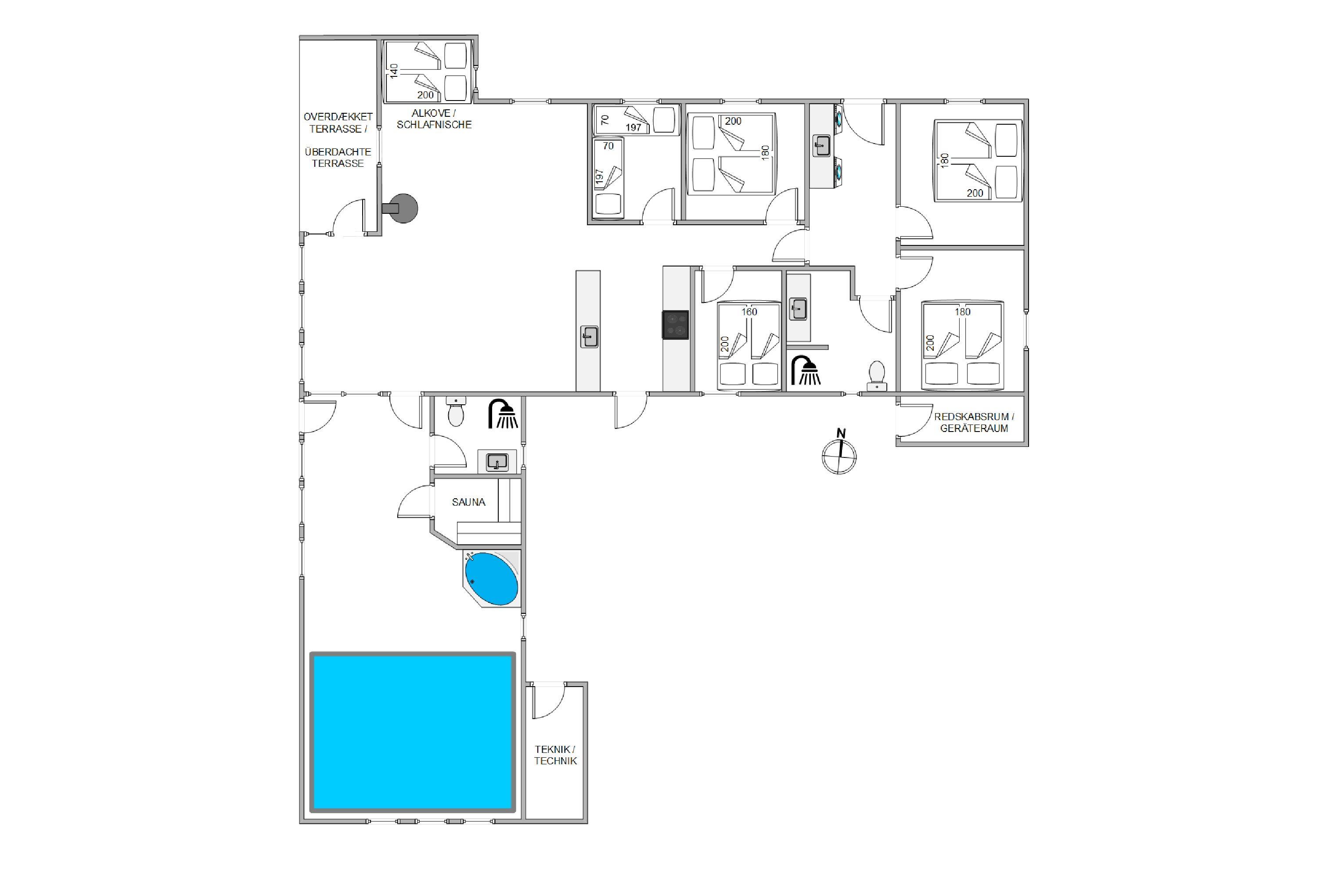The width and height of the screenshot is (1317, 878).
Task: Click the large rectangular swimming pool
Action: point(413,732)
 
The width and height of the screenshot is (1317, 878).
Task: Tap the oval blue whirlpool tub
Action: point(492,579)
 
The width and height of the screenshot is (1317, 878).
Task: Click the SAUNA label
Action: point(469,502)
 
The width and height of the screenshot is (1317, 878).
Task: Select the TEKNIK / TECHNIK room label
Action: point(555,755)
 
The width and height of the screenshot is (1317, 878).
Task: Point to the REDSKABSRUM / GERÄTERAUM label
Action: point(974,423)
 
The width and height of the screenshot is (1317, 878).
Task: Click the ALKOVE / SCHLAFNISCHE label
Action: point(434,119)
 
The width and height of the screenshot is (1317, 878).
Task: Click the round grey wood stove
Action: point(401,208)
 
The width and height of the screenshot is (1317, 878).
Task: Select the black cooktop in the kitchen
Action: point(675,325)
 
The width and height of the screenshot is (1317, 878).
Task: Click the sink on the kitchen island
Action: point(589,337)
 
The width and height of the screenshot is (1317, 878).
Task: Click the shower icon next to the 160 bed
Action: point(806,371)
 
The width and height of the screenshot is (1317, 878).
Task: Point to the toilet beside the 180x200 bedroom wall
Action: point(876,376)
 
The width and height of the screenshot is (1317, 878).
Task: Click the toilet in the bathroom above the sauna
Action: point(457,412)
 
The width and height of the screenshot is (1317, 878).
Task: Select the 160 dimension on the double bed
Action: point(749,312)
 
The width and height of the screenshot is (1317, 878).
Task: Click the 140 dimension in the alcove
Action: point(394,71)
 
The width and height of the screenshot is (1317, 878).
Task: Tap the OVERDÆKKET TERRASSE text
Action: point(338,122)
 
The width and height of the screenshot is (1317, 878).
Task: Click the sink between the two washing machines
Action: point(821,147)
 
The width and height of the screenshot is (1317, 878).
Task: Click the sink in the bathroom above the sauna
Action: point(497,462)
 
